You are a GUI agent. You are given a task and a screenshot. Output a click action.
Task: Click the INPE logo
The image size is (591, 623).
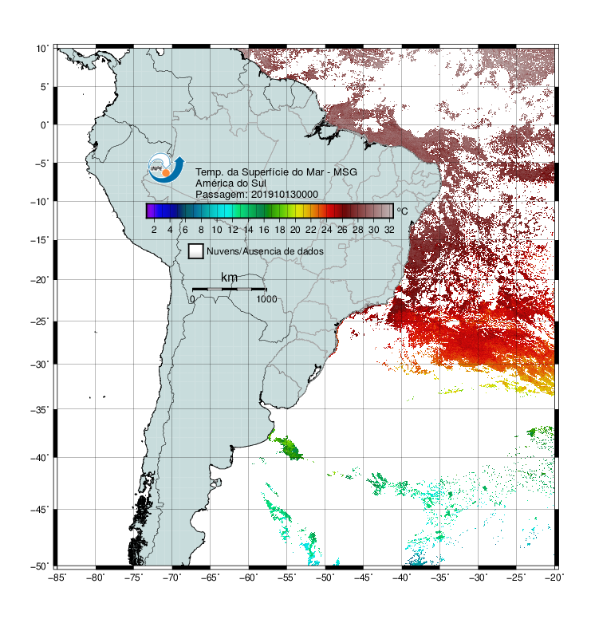167,168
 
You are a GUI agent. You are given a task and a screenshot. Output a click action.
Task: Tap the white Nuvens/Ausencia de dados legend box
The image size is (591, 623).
196,251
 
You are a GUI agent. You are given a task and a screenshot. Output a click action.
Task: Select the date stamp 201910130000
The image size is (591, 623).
285,195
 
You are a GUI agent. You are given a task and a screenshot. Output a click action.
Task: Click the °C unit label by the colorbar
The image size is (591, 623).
402,211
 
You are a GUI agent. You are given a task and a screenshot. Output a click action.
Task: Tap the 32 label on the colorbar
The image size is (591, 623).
389,230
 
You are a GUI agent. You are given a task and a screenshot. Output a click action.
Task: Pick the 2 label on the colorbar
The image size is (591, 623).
154,230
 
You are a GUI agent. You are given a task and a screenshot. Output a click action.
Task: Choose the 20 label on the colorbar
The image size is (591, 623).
295,230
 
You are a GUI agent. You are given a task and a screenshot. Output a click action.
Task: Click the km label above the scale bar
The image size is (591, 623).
229,278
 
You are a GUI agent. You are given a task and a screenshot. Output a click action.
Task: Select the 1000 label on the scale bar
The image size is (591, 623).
266,299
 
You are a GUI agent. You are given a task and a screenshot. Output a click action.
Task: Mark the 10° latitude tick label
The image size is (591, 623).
42,49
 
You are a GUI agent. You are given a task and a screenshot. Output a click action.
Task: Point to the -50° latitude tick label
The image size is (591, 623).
40,566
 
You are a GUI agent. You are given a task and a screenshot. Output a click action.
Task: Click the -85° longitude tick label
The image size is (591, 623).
57,578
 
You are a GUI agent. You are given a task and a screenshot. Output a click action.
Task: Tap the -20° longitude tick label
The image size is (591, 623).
554,578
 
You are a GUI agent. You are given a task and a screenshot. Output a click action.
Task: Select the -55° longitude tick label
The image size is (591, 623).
287,578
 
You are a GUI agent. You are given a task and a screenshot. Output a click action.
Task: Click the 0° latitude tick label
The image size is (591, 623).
45,125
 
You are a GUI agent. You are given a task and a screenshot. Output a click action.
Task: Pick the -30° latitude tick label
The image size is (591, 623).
40,364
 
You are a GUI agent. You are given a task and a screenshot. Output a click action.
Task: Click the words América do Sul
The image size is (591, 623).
230,183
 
